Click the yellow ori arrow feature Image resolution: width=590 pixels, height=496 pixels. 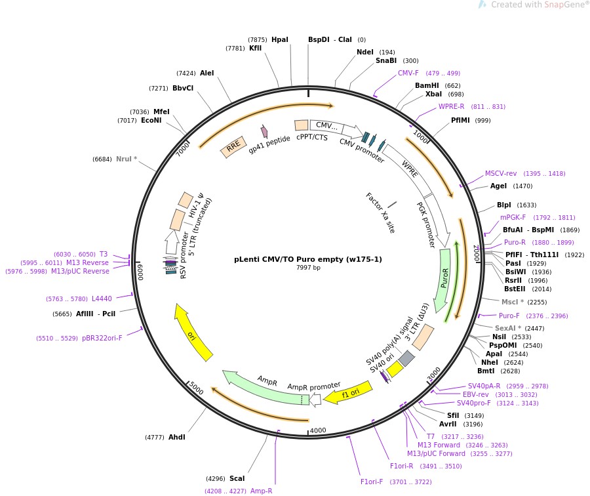pos(193,331)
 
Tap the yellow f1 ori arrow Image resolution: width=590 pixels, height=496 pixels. pos(349,392)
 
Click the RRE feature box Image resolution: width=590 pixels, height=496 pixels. pos(233,147)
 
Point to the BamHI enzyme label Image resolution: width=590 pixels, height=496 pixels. pos(427,85)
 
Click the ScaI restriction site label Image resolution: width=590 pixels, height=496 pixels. pos(237,478)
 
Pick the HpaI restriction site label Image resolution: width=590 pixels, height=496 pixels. pos(280,40)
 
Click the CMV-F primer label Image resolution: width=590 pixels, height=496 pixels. pos(408,73)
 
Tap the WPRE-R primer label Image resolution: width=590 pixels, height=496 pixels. pos(451,106)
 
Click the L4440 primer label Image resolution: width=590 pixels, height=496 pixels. pos(102,299)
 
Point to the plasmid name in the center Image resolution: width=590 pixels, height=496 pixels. pos(308,259)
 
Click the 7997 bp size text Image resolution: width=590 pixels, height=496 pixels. pos(308,268)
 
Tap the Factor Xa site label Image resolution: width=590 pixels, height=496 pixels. pos(380,213)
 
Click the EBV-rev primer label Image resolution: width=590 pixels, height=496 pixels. pos(476,394)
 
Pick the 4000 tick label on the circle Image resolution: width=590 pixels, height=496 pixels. pos(318,430)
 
